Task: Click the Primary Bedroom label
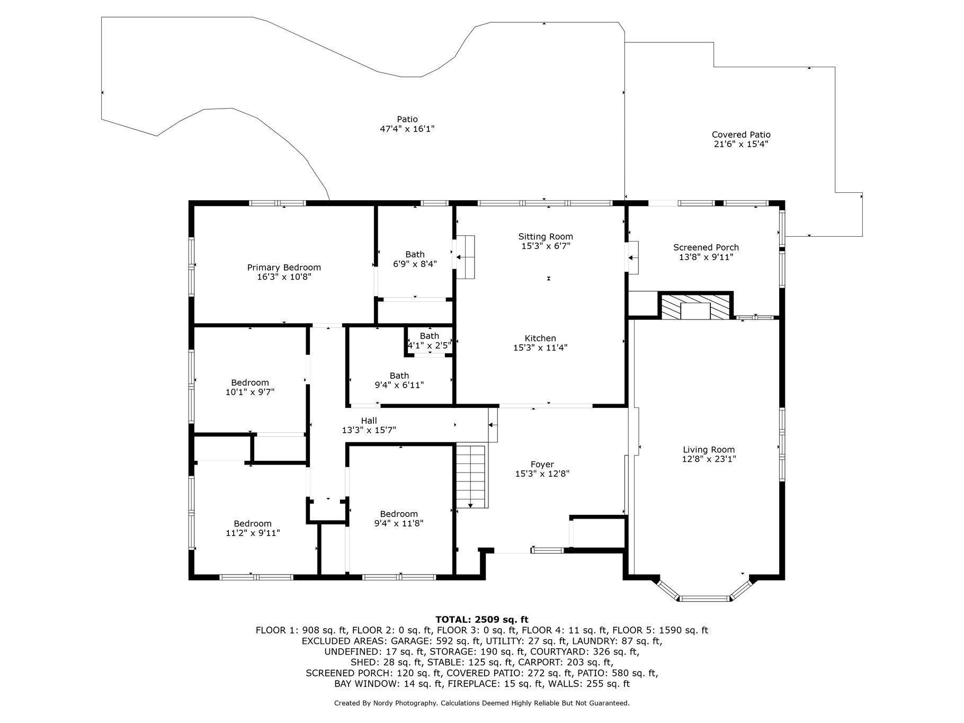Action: click(x=284, y=267)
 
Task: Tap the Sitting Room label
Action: click(x=546, y=237)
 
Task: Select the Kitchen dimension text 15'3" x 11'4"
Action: click(x=540, y=348)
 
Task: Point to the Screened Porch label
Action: click(x=706, y=247)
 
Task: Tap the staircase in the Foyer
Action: click(x=471, y=477)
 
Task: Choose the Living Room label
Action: click(x=709, y=450)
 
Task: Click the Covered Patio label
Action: click(x=741, y=135)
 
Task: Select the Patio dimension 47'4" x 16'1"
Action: click(x=407, y=129)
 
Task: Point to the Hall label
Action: click(x=369, y=421)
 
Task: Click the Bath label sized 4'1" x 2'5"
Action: click(x=430, y=336)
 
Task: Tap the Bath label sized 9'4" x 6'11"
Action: click(x=399, y=376)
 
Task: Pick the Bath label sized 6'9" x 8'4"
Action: click(x=415, y=254)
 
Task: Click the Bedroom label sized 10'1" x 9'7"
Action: click(x=250, y=382)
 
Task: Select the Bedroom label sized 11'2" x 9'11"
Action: click(x=253, y=523)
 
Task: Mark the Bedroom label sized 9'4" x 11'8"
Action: click(x=399, y=514)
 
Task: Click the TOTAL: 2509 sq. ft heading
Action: click(x=482, y=619)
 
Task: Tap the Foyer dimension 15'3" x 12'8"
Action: click(x=542, y=474)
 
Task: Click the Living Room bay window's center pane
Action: click(x=705, y=599)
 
